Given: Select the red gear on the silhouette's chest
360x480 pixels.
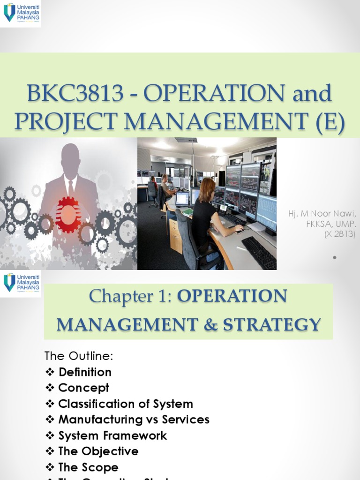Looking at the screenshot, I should click(x=68, y=214).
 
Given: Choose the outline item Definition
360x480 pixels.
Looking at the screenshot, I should click(x=85, y=372).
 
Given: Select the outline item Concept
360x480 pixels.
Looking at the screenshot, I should click(x=83, y=388).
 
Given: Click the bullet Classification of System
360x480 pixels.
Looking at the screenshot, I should click(x=125, y=404).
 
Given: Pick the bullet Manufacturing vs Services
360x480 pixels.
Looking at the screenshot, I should click(x=134, y=420).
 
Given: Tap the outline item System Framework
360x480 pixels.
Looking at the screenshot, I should click(x=112, y=435).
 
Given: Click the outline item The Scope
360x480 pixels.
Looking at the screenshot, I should click(x=88, y=467).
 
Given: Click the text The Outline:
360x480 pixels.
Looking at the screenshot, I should click(x=79, y=356).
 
